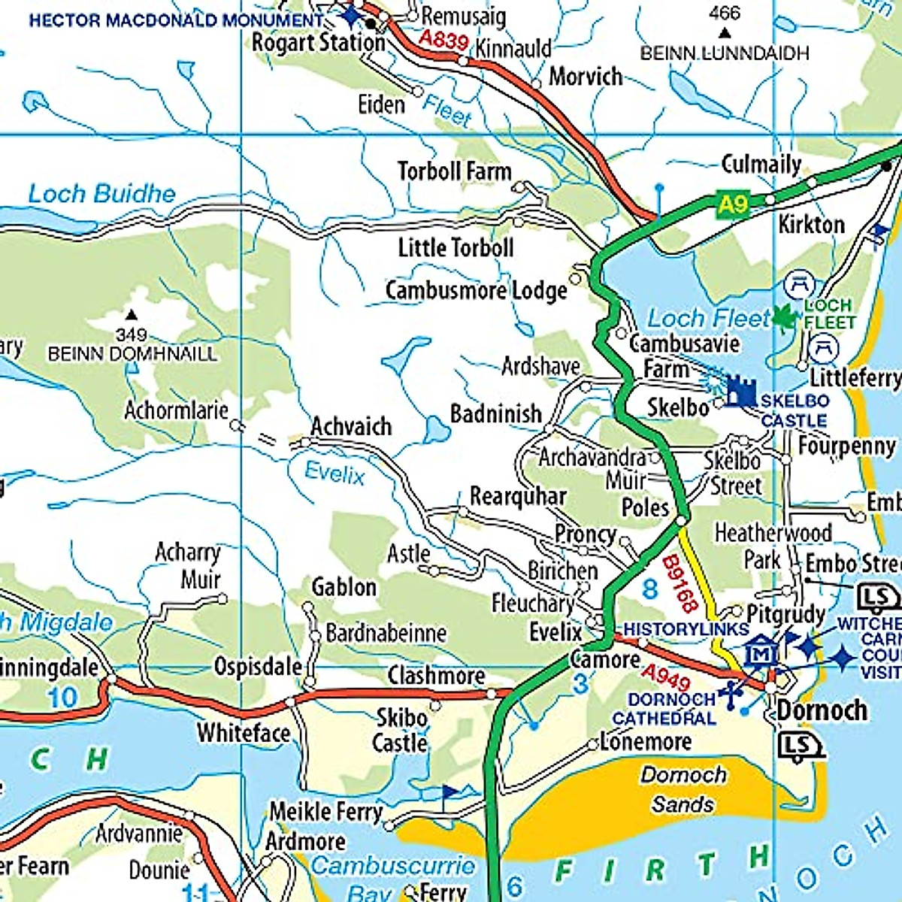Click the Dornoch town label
pos(822,710)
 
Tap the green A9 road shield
pos(734,204)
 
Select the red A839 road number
pos(443,39)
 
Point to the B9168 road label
pos(680,585)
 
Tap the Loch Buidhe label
pos(101,194)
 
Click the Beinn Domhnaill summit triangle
pos(132,315)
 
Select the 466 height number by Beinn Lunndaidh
pos(724,13)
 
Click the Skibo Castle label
pos(401,730)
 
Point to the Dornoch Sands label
pos(683,789)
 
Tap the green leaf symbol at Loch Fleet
pos(783,318)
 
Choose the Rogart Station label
pos(318,43)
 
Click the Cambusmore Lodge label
pos(476,290)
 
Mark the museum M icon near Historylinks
pos(761,653)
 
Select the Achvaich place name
pos(351,426)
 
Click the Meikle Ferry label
pos(326,812)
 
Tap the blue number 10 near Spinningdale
pos(63,697)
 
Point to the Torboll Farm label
pos(454,171)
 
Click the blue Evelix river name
pos(334,474)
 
